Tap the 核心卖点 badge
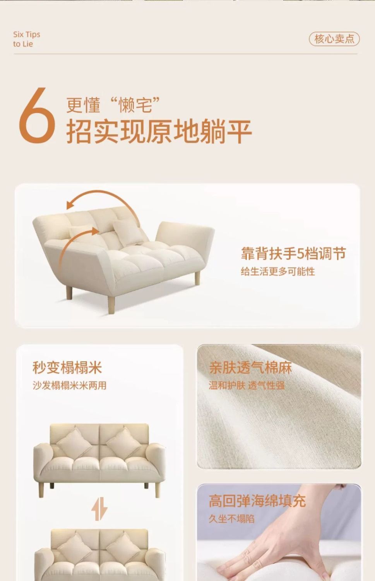pyautogui.click(x=334, y=39)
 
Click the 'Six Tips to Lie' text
pyautogui.click(x=26, y=39)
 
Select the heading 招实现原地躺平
pyautogui.click(x=159, y=132)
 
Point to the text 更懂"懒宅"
pyautogui.click(x=113, y=105)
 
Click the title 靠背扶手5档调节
pyautogui.click(x=293, y=254)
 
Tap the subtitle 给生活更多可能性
pyautogui.click(x=277, y=272)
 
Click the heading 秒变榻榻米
pyautogui.click(x=67, y=367)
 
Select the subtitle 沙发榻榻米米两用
pyautogui.click(x=69, y=386)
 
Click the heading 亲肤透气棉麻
pyautogui.click(x=250, y=367)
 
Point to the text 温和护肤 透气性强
pyautogui.click(x=247, y=385)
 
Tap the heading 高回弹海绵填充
pyautogui.click(x=257, y=501)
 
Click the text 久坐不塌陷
pyautogui.click(x=231, y=519)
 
